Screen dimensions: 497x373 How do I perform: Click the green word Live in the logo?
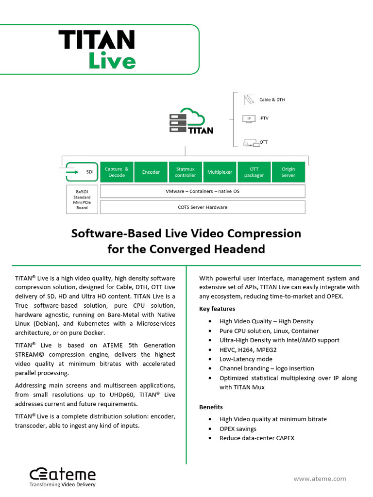click(x=112, y=61)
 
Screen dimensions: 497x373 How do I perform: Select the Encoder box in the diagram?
click(x=151, y=172)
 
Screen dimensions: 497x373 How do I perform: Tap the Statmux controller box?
click(x=186, y=172)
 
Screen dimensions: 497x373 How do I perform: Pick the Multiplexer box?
click(x=220, y=172)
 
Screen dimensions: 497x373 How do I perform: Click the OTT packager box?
click(x=254, y=172)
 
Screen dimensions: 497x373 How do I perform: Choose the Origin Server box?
click(x=288, y=172)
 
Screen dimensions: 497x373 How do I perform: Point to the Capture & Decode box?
click(x=117, y=172)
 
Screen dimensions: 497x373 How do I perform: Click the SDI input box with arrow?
click(x=82, y=172)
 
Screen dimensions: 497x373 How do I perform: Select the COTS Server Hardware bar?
click(x=202, y=207)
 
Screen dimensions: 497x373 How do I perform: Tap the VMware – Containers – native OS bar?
click(x=202, y=191)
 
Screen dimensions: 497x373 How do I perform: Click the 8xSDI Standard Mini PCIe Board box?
click(x=82, y=199)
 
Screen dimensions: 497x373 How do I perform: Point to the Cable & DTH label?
click(x=272, y=100)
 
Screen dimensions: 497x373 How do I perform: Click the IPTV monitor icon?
click(x=249, y=118)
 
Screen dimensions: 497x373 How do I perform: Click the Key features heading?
click(x=217, y=309)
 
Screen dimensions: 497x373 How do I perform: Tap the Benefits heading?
click(x=211, y=407)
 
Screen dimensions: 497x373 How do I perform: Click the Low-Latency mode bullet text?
click(x=246, y=359)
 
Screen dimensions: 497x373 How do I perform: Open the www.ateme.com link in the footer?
click(x=320, y=479)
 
